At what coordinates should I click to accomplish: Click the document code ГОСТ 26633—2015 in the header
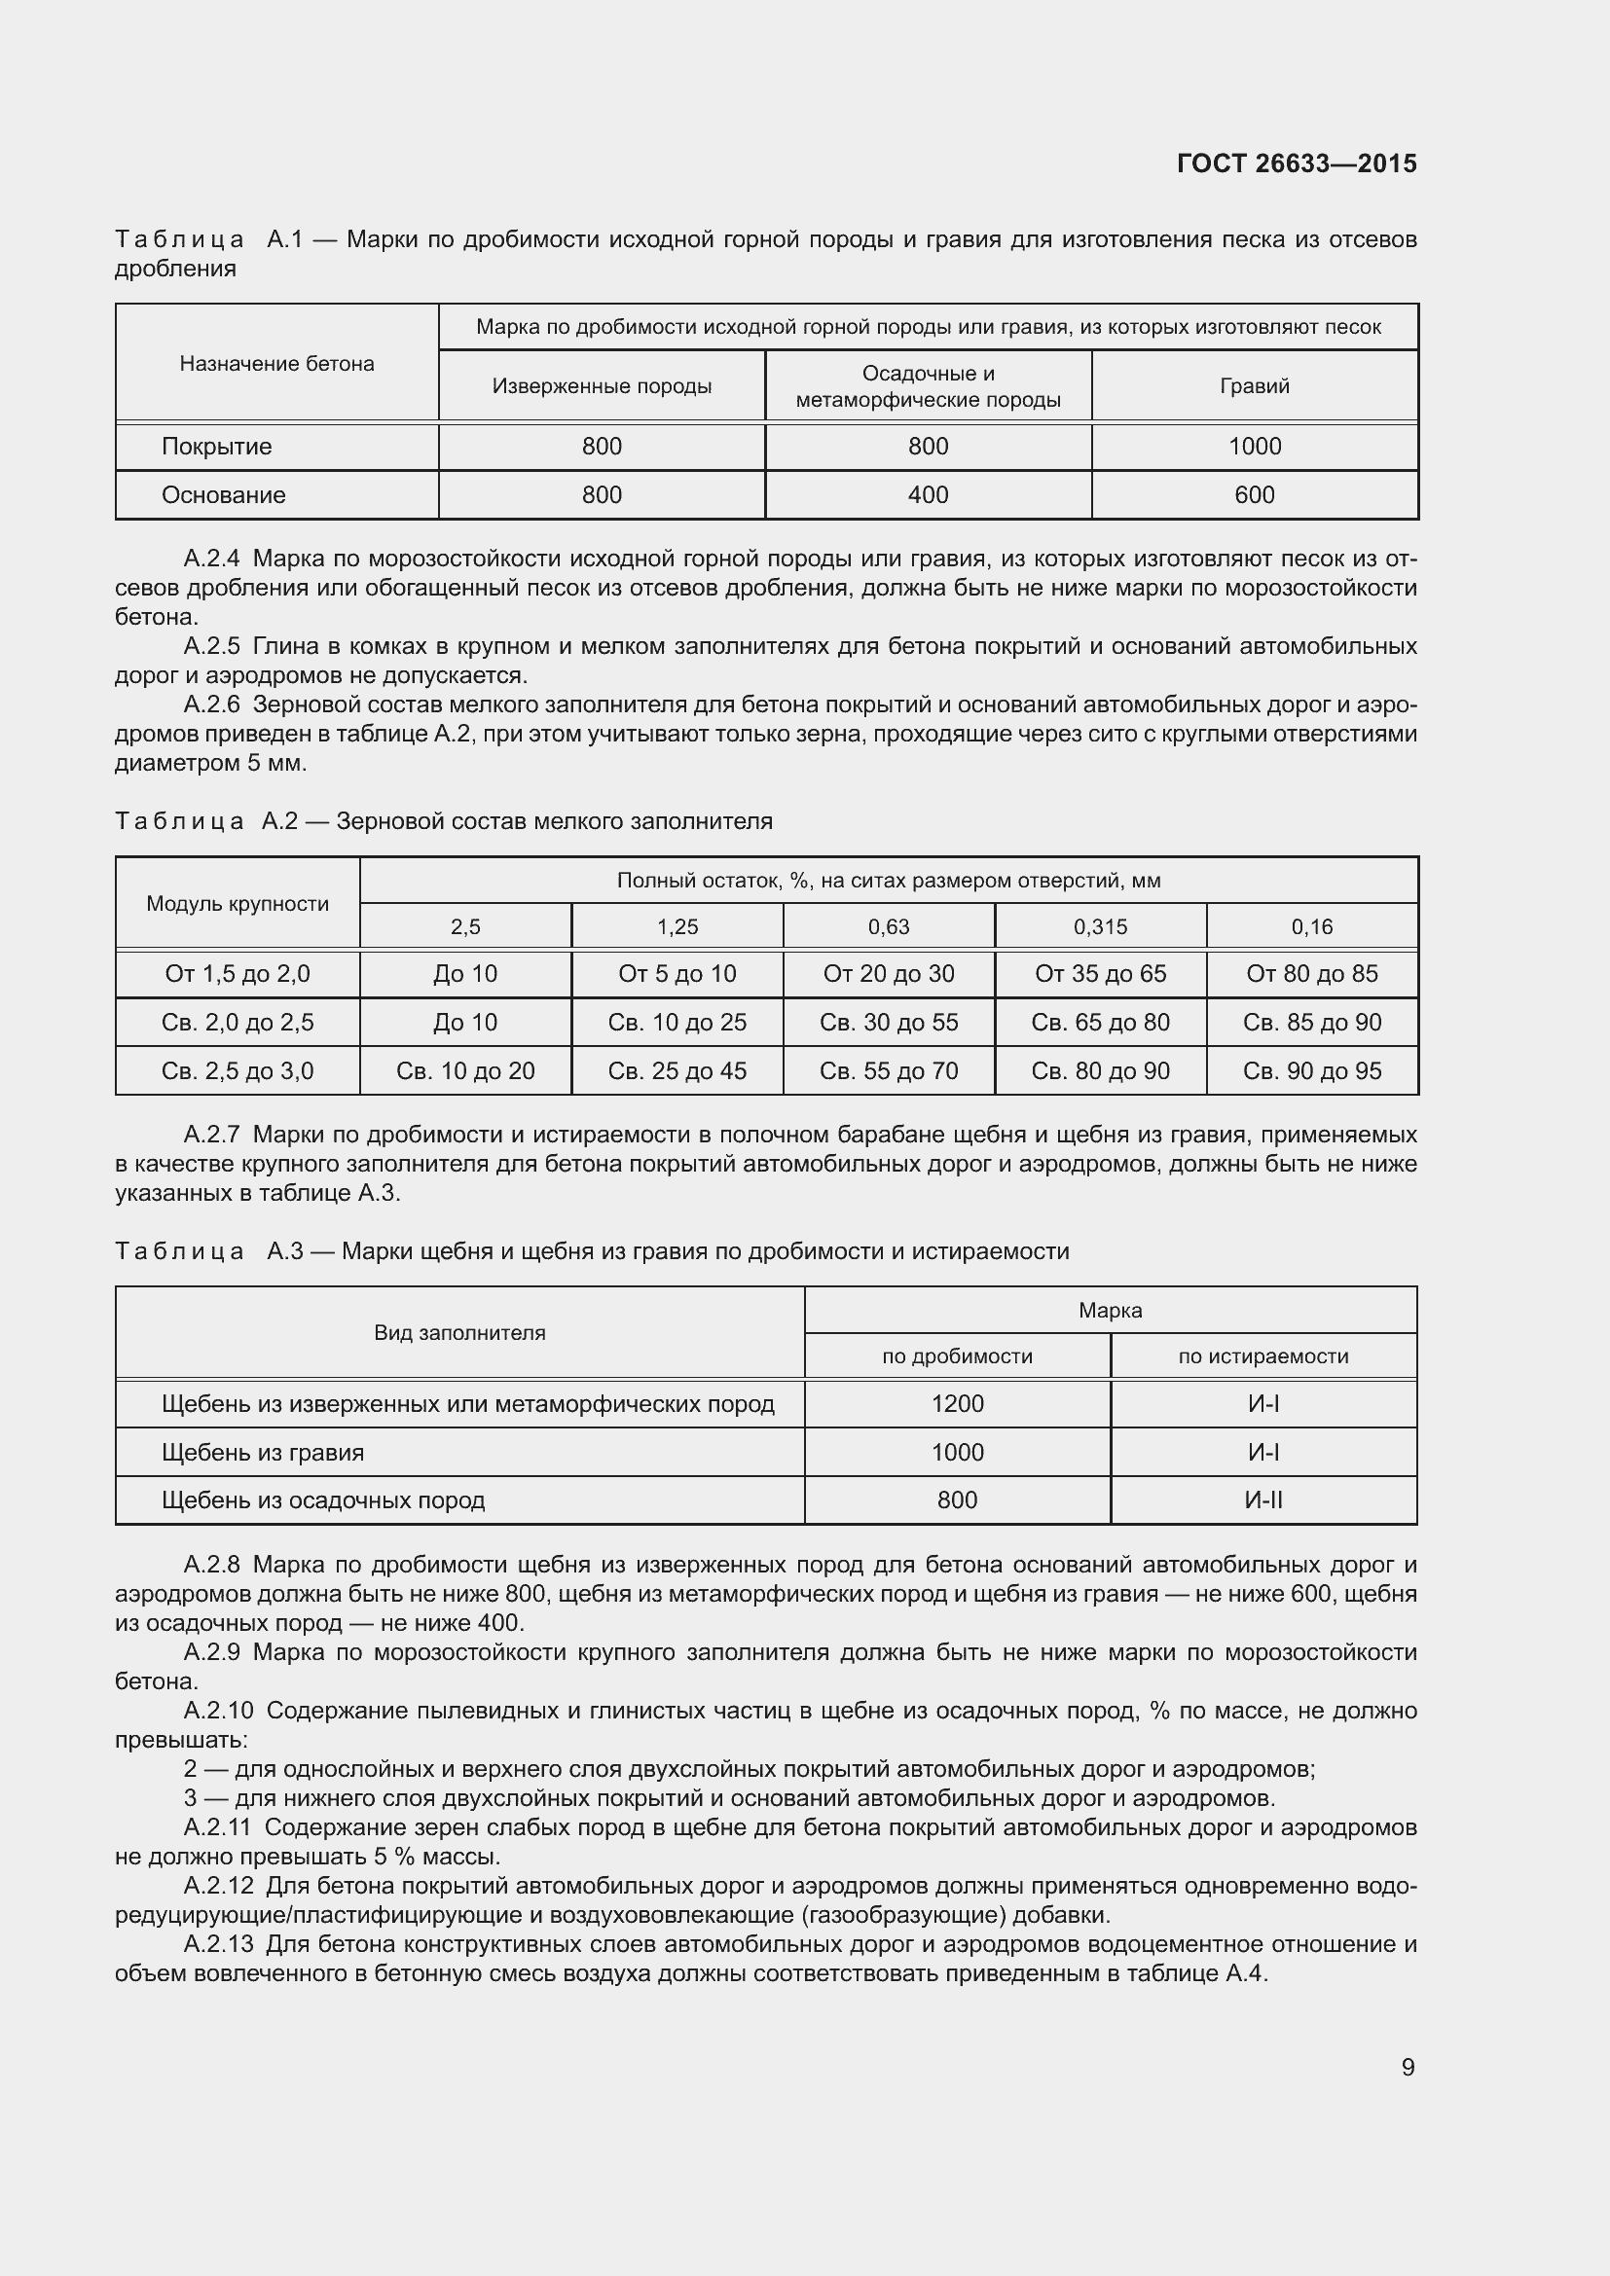(1296, 163)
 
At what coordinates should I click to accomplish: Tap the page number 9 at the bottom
(1408, 2067)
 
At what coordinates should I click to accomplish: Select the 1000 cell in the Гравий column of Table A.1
(1254, 446)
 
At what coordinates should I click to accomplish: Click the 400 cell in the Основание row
(928, 494)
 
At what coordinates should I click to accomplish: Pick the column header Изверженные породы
(602, 386)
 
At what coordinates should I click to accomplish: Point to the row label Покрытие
(216, 446)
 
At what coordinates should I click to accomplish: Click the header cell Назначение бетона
(276, 364)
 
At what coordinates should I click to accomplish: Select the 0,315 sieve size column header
(1101, 927)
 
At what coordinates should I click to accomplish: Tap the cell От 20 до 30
(889, 973)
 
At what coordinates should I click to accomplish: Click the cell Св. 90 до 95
(1311, 1070)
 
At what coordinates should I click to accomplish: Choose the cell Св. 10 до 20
(465, 1070)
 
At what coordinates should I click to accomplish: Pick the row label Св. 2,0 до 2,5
(237, 1022)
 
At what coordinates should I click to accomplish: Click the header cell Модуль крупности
(237, 903)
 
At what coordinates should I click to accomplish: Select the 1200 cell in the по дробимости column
(957, 1404)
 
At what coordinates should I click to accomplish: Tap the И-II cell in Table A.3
(1263, 1499)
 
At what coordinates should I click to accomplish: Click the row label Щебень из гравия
(263, 1452)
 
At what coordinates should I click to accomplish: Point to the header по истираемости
(1263, 1356)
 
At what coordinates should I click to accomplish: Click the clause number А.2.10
(218, 1711)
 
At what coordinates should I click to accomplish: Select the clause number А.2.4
(212, 560)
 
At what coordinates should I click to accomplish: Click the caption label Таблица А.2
(206, 822)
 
